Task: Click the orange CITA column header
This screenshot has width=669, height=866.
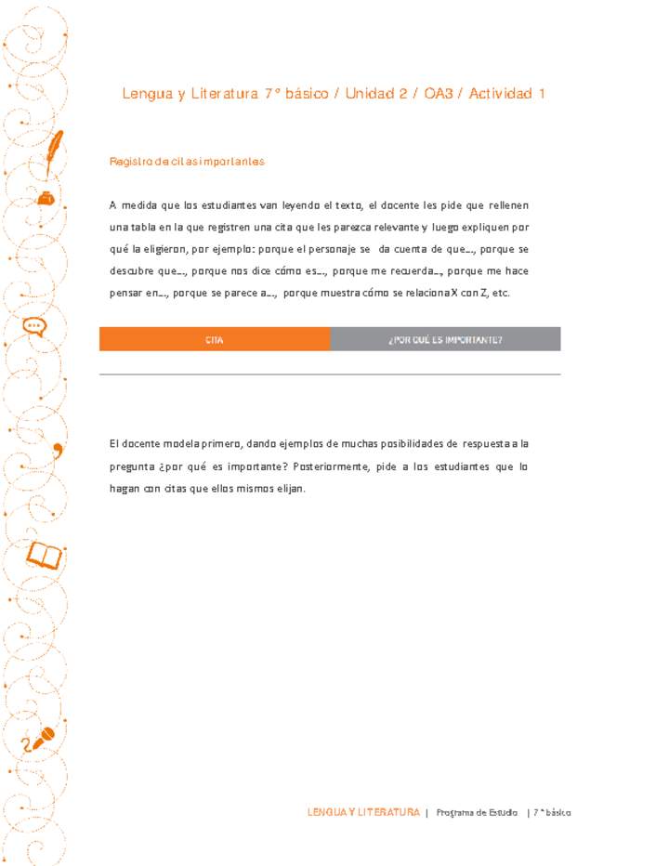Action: (x=215, y=339)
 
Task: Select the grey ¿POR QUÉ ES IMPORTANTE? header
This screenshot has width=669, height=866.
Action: (x=445, y=339)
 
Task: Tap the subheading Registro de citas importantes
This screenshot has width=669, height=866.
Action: (x=187, y=162)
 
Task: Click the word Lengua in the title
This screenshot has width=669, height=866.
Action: (x=143, y=94)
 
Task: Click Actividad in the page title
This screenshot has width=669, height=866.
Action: (x=501, y=94)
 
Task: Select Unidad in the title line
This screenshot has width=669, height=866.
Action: (x=370, y=94)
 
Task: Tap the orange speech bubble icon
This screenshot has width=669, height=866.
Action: (x=34, y=326)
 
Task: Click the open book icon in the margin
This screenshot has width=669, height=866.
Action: (x=44, y=555)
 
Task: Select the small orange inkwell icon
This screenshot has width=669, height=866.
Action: (x=44, y=197)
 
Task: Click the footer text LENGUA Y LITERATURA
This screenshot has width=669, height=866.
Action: (x=363, y=812)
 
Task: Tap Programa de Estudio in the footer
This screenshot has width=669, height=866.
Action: (x=477, y=812)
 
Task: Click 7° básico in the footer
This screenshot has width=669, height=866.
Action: (x=552, y=812)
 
